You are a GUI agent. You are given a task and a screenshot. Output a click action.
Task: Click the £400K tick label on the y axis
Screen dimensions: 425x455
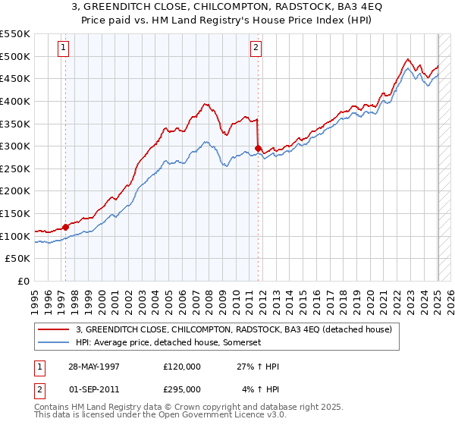15,101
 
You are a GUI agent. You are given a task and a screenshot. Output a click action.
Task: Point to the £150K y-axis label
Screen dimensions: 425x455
15,213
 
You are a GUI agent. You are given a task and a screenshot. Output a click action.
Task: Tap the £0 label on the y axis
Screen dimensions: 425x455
24,281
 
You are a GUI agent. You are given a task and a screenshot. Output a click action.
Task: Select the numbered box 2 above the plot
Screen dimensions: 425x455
256,47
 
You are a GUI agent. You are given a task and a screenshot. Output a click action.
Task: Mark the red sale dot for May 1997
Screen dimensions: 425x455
66,226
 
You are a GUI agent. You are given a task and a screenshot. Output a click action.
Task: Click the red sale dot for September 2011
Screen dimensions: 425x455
258,148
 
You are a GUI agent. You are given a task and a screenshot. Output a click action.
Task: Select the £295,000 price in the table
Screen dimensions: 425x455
182,389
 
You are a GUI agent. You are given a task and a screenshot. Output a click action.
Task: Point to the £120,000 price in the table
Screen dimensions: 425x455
182,367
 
